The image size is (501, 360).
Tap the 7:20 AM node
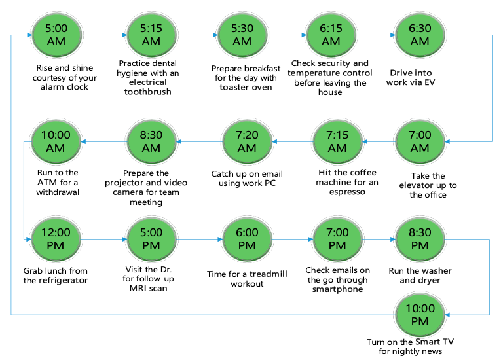point(247,141)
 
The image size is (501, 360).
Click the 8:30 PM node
point(419,239)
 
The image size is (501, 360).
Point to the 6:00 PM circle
point(247,239)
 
